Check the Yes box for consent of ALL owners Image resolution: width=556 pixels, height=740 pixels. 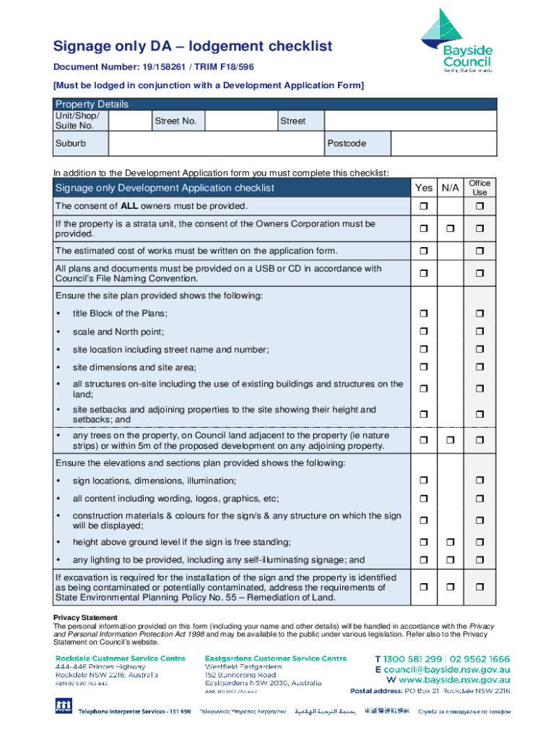click(423, 207)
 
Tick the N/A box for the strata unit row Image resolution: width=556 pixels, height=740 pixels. click(450, 229)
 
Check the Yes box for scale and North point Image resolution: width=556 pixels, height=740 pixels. click(423, 332)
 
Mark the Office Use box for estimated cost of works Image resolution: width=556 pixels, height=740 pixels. click(479, 251)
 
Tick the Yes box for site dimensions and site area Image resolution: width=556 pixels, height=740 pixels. click(423, 368)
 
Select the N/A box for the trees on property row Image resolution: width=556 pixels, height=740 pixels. click(450, 441)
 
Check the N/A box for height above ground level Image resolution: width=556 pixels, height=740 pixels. click(450, 543)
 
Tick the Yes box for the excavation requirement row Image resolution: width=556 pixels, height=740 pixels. click(423, 588)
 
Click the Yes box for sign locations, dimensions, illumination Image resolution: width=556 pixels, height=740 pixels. click(423, 481)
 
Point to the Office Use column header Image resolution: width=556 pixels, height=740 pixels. click(479, 188)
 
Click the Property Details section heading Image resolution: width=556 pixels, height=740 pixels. click(92, 104)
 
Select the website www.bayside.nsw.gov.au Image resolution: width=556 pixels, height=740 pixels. click(453, 680)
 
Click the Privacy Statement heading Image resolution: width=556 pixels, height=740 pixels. click(85, 618)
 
